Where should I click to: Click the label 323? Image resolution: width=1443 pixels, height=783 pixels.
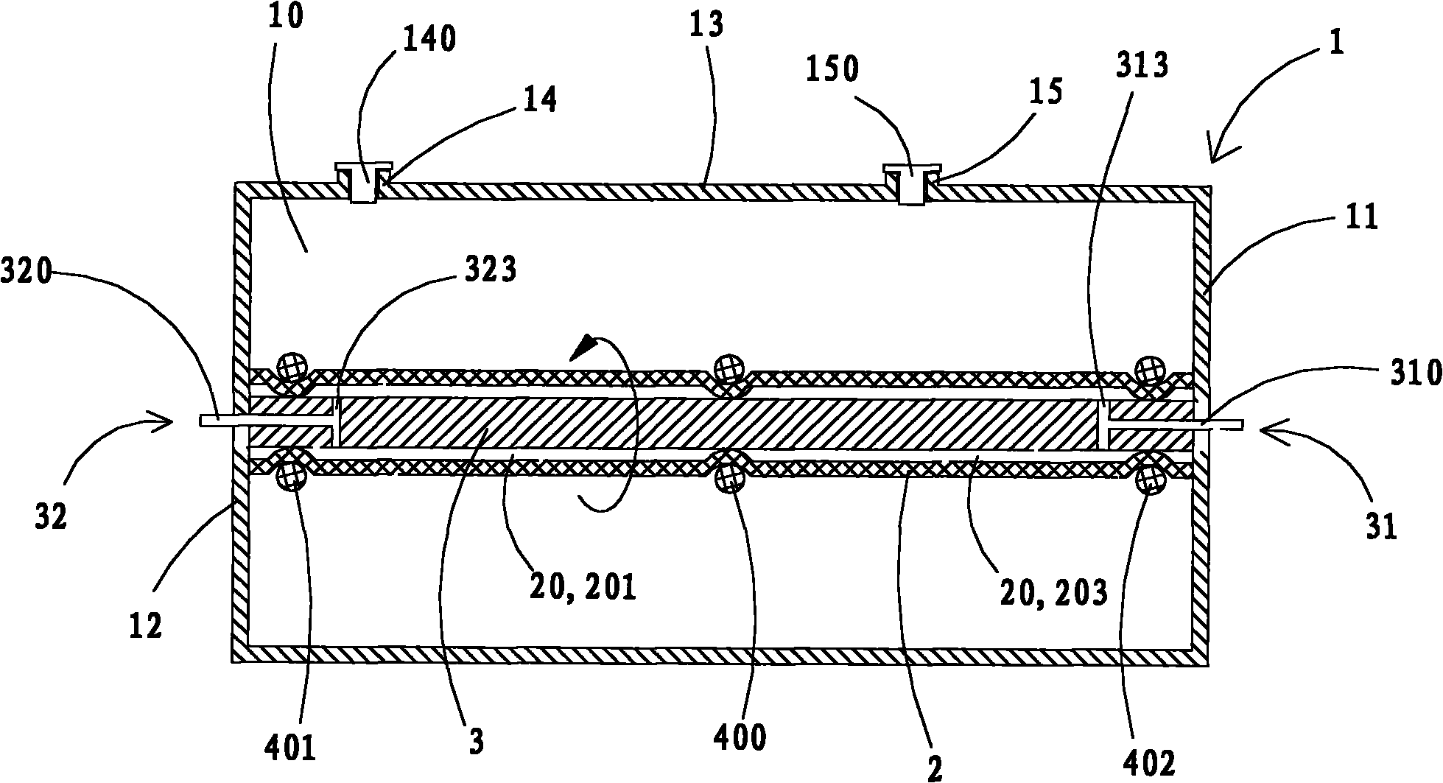[489, 271]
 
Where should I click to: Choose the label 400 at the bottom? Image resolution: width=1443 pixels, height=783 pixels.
[741, 737]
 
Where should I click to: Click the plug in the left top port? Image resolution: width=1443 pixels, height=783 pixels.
[362, 184]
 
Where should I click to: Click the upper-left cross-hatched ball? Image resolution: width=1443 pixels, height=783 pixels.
[289, 365]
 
